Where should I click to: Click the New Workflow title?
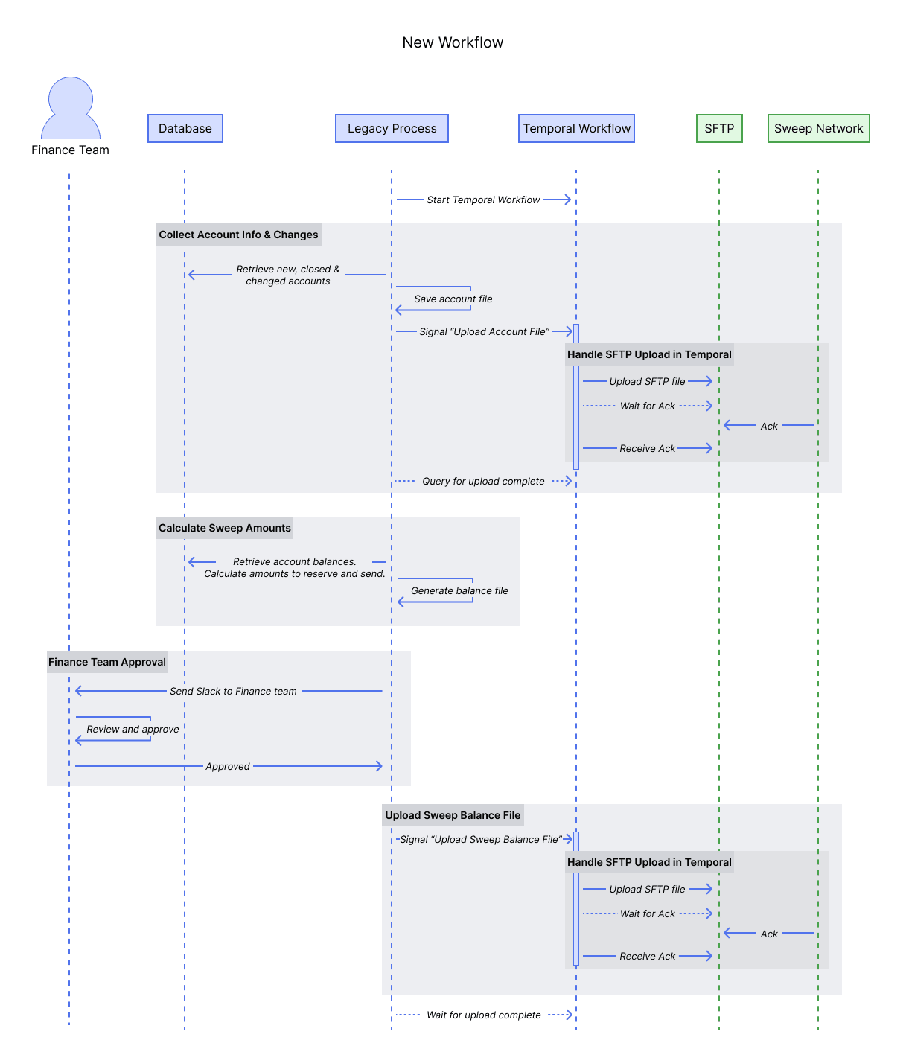[453, 42]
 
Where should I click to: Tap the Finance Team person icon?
[71, 109]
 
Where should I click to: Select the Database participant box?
[185, 128]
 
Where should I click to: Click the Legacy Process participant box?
[392, 128]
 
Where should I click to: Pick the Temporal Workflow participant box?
[576, 128]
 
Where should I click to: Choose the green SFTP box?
[719, 128]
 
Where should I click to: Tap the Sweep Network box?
[818, 128]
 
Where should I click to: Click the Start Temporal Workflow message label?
[483, 200]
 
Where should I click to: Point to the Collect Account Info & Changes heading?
[238, 235]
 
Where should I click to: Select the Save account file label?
[453, 299]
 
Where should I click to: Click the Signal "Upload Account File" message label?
[484, 331]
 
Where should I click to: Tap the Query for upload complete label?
[483, 481]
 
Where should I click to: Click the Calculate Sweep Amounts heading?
[224, 528]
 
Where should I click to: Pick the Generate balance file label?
[459, 590]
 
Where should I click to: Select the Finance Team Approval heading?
[107, 662]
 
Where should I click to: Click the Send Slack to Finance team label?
[233, 691]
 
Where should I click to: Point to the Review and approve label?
[133, 729]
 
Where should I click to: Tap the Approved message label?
[228, 766]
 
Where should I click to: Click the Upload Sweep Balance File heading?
[453, 815]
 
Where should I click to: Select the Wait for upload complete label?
[483, 1015]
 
